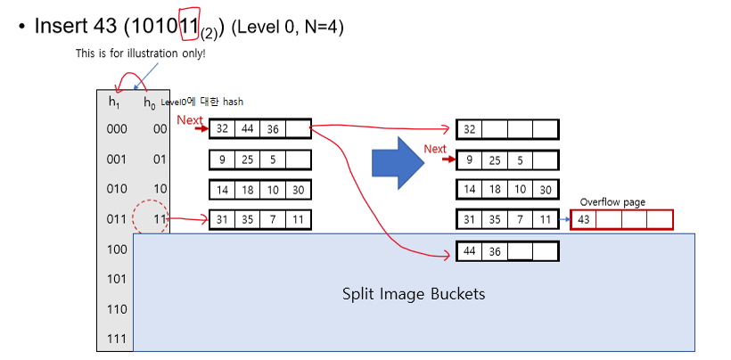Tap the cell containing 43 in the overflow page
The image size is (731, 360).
pos(584,219)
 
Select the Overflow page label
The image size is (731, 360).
pos(612,202)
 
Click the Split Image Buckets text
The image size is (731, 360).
pos(414,293)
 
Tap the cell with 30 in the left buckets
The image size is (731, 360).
pos(298,190)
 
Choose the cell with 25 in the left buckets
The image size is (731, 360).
pos(248,160)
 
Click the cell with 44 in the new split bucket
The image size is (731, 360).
pos(470,251)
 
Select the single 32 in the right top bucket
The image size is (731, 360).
pos(470,129)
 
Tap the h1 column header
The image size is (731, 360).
pos(114,102)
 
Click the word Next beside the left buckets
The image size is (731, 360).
pos(190,120)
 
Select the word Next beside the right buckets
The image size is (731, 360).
pos(435,149)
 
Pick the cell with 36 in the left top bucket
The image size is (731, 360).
pos(273,129)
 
